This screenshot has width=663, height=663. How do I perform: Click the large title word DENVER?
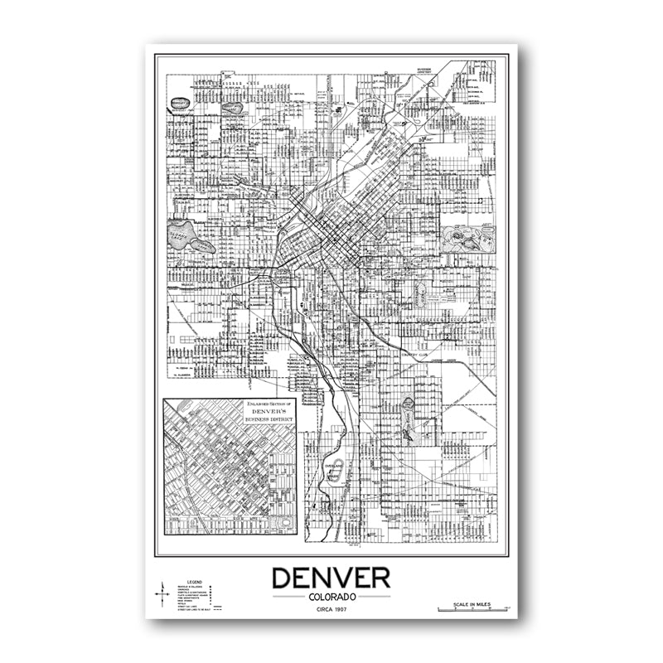[x=331, y=578]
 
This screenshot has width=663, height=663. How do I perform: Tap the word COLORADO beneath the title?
[x=331, y=597]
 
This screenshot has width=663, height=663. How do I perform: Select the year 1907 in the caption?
[x=340, y=611]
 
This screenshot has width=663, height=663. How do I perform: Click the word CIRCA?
[x=320, y=611]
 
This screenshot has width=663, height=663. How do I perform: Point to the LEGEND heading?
[x=195, y=583]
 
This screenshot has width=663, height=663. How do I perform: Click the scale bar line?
[x=470, y=610]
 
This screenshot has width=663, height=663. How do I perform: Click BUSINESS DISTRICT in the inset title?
[x=267, y=419]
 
